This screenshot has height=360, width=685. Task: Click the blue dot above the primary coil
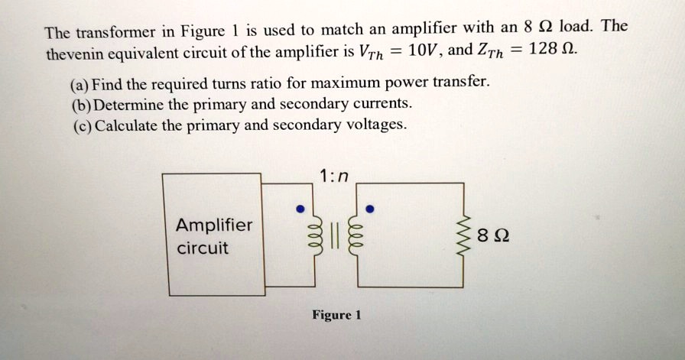tap(301, 208)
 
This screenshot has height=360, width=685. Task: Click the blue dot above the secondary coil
tap(370, 208)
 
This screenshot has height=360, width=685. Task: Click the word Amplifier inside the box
tap(213, 225)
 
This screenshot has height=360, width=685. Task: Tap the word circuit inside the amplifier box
tap(202, 249)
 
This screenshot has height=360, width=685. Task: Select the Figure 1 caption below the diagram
tap(336, 315)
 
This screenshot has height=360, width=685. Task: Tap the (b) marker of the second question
tap(80, 104)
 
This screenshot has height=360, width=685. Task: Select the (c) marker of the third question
tap(80, 125)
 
